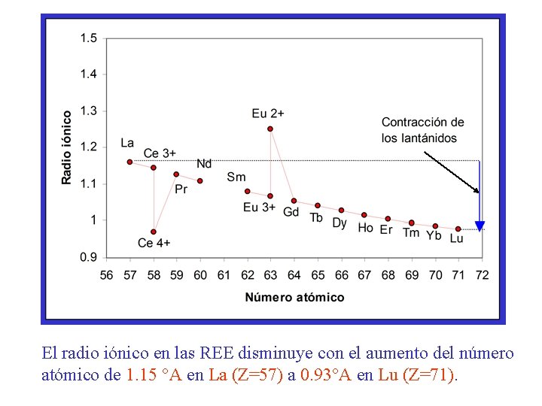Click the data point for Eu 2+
click(270, 129)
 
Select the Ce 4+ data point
click(154, 232)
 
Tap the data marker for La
click(129, 162)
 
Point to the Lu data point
click(458, 229)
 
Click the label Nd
click(204, 164)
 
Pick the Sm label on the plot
click(236, 177)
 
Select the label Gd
click(291, 213)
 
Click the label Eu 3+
click(259, 208)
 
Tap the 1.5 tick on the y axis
click(89, 38)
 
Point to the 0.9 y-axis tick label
click(89, 257)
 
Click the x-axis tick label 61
click(224, 275)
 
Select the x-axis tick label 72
click(482, 275)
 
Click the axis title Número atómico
click(294, 297)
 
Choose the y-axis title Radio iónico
click(67, 147)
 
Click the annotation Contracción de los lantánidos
click(422, 130)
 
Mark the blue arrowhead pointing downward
click(480, 226)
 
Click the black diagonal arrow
click(451, 172)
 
